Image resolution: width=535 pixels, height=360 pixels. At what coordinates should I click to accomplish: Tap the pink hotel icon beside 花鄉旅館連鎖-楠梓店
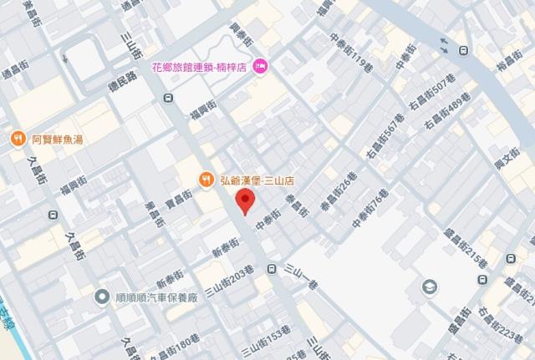coord(260,64)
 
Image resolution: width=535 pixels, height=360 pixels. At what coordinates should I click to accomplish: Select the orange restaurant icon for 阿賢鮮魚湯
coord(17,138)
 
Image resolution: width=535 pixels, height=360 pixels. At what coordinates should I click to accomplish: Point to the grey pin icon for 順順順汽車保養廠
coord(101,297)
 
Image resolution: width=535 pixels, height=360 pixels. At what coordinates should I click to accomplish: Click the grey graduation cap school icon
coord(429,286)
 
